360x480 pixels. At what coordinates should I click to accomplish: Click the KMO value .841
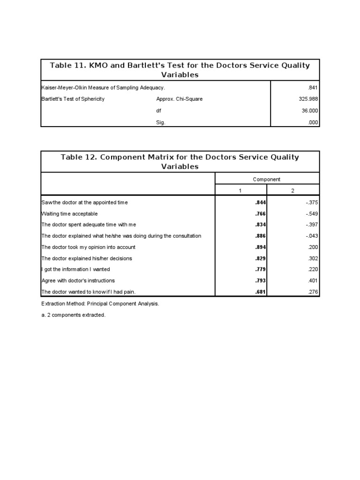point(313,88)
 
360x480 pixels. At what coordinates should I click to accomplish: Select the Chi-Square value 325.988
point(307,99)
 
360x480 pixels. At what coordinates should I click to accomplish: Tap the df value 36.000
point(309,111)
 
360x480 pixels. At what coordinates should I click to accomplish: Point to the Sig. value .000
point(313,122)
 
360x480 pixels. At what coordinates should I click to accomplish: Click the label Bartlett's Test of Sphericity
point(73,99)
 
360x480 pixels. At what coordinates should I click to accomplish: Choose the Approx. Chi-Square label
point(179,99)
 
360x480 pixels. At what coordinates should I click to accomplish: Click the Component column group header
point(267,179)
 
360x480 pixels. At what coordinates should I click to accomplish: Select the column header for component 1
point(240,191)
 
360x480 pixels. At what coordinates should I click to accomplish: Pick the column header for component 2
point(293,191)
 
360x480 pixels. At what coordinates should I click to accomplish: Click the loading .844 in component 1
point(260,202)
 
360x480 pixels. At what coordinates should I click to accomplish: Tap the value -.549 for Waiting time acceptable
point(311,214)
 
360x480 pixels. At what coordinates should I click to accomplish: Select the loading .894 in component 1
point(260,247)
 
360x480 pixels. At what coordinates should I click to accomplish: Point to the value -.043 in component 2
point(311,236)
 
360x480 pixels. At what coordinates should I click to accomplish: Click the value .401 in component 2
point(313,281)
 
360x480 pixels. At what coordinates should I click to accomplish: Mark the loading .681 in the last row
point(260,292)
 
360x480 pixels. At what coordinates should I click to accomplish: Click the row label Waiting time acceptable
point(70,214)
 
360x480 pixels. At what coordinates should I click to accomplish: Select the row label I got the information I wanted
point(75,270)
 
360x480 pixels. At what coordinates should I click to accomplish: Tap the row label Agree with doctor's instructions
point(78,281)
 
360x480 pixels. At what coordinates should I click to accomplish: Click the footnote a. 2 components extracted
point(74,315)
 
